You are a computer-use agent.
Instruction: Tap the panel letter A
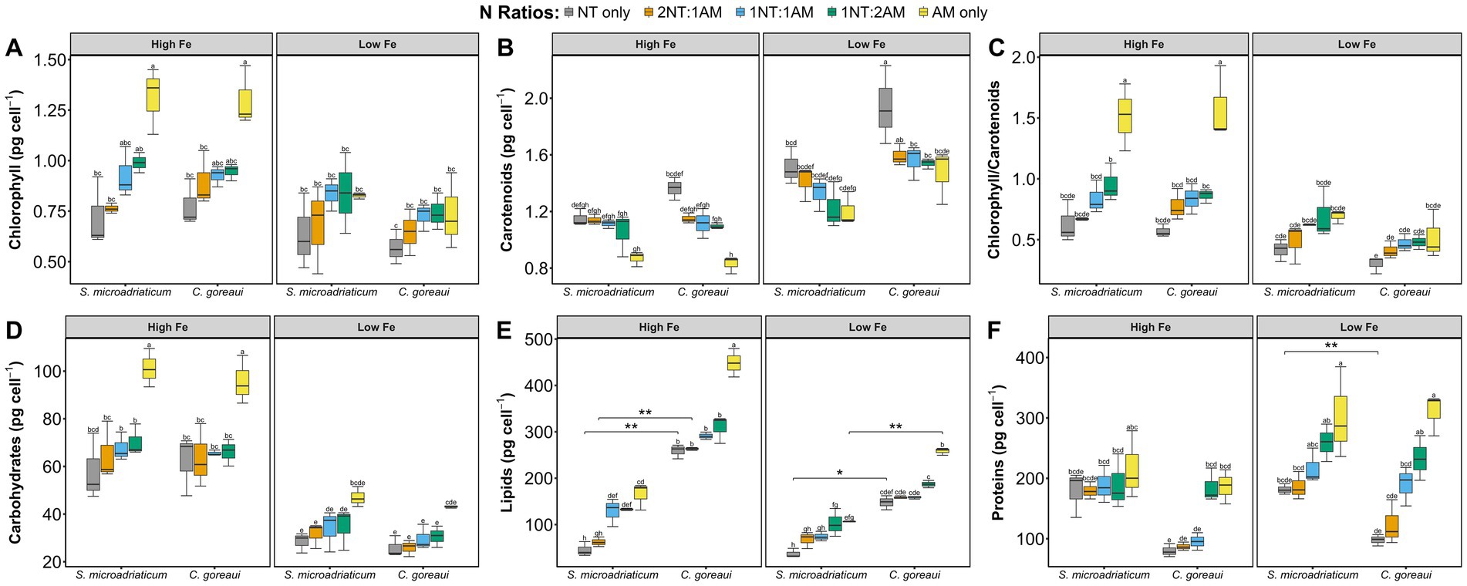click(x=14, y=49)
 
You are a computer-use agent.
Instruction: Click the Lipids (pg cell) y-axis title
click(x=507, y=454)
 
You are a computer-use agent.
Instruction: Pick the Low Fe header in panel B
click(x=865, y=44)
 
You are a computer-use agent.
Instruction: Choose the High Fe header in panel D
click(x=167, y=327)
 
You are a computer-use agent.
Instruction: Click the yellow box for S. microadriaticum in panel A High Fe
click(x=153, y=94)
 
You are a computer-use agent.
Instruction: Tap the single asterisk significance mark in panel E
click(x=839, y=473)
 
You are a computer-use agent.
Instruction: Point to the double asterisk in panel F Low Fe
click(x=1330, y=346)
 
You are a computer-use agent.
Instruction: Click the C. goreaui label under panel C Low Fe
click(x=1405, y=292)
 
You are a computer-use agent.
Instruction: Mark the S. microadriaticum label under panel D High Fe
click(x=121, y=575)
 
